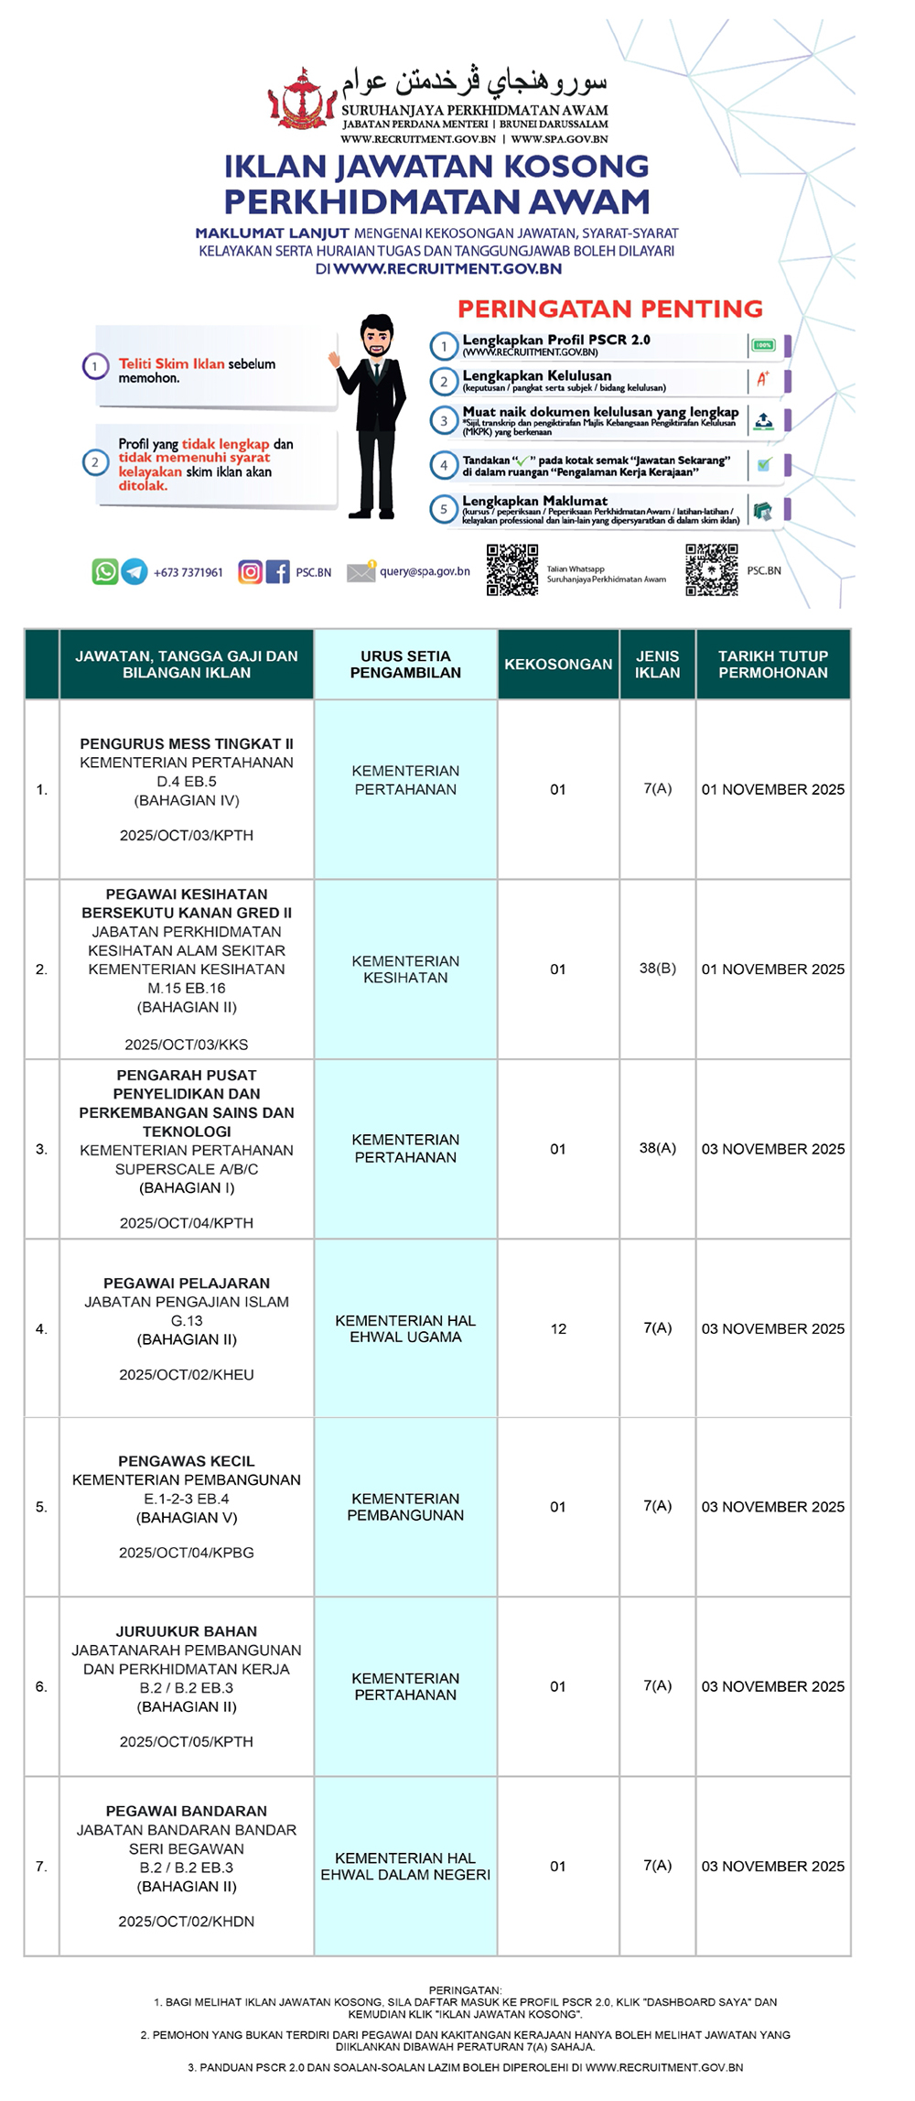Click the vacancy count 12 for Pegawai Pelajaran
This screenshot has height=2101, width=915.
click(558, 1328)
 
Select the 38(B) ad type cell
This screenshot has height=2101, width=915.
click(657, 968)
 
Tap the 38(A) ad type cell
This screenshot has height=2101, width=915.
click(657, 1148)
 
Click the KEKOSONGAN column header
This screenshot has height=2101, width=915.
click(558, 664)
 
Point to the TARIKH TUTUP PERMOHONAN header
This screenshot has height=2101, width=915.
click(772, 664)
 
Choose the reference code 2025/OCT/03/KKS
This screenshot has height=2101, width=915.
click(187, 1045)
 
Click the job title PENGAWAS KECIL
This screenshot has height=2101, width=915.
click(187, 1461)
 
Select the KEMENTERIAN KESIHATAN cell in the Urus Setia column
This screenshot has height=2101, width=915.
click(405, 969)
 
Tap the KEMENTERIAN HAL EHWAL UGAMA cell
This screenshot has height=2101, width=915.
click(405, 1328)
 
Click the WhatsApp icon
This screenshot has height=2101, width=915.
click(105, 572)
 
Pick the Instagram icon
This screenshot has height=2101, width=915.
click(250, 572)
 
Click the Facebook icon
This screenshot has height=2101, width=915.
click(278, 572)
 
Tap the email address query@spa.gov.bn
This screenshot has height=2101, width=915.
click(425, 571)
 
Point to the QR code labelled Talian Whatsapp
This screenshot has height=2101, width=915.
click(512, 570)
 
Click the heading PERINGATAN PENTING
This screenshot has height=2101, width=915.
click(610, 309)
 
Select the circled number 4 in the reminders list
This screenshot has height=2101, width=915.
click(444, 465)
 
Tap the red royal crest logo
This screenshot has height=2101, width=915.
click(302, 99)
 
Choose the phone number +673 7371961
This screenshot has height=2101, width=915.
click(188, 573)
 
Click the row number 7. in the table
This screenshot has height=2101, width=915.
click(41, 1866)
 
